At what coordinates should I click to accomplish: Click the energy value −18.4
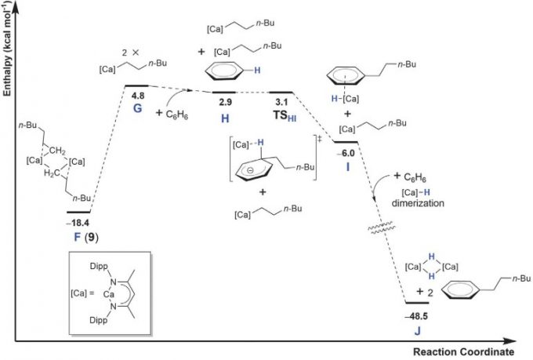(78, 224)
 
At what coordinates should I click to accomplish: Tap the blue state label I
(346, 167)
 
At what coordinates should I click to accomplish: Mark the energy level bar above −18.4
(78, 212)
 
